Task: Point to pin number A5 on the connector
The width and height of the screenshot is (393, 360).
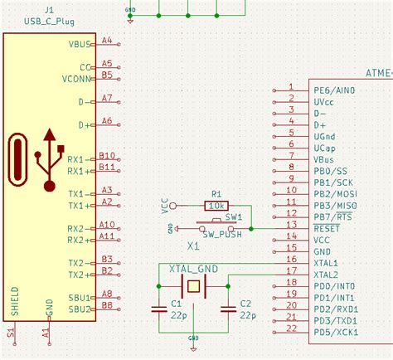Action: coord(106,63)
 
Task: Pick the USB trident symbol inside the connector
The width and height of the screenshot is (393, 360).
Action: coord(51,157)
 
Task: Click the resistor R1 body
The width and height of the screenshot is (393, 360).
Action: coord(216,204)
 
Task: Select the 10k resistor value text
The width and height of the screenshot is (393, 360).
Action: coord(216,204)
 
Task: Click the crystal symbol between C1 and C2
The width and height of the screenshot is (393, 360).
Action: coord(193,287)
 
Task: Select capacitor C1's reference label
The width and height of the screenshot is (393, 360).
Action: coord(176,304)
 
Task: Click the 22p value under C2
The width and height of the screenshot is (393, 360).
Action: coord(246,315)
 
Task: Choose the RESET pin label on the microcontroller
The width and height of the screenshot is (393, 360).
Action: coord(327,226)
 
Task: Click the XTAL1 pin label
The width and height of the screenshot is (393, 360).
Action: coord(326,261)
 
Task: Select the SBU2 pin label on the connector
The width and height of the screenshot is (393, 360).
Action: coord(80,309)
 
